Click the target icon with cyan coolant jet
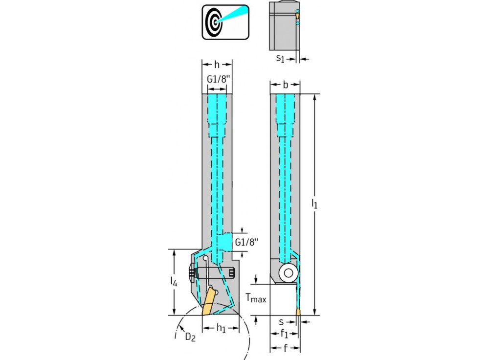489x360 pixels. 226,22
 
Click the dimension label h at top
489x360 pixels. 217,64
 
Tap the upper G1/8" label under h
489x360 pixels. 217,78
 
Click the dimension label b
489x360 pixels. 286,85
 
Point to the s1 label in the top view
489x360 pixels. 280,59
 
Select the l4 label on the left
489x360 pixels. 174,282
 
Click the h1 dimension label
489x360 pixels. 221,328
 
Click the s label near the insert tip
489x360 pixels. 281,322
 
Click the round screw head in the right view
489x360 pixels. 288,272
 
